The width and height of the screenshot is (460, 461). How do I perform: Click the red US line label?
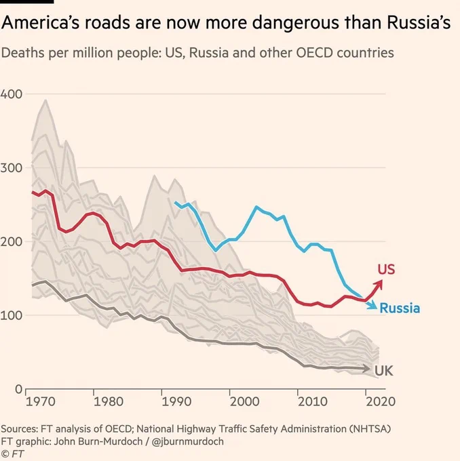[386, 269]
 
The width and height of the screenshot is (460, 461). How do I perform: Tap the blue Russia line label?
[400, 308]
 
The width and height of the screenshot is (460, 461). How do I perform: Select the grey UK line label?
[384, 371]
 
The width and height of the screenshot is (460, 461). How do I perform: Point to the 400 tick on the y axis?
[11, 94]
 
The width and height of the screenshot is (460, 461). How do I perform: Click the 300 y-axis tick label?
[11, 168]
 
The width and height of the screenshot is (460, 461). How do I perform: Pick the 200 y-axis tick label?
[11, 241]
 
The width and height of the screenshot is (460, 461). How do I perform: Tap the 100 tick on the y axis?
[11, 315]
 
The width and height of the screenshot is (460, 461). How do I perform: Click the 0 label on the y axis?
[18, 389]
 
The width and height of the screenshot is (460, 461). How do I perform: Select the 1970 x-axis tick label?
[41, 401]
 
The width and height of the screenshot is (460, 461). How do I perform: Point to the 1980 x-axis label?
[109, 401]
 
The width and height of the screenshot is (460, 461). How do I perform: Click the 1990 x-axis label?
[176, 401]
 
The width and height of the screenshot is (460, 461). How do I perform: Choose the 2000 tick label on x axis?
[244, 401]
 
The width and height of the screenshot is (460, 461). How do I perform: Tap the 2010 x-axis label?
[313, 401]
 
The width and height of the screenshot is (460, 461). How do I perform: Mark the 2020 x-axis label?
[381, 401]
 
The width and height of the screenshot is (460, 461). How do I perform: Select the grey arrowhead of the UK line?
[366, 368]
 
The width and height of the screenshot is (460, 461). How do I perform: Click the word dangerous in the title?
[296, 22]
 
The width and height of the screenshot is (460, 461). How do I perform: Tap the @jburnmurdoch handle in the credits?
[187, 441]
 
